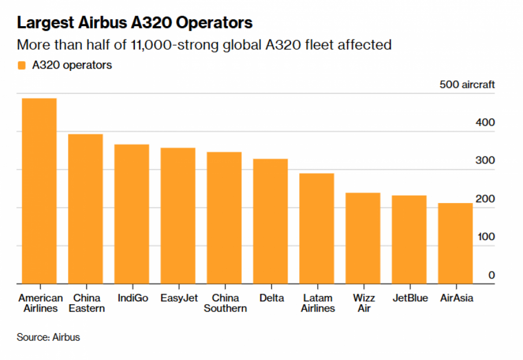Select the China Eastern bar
pos(85,209)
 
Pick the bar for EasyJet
pos(178,216)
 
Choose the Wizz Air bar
pos(363,238)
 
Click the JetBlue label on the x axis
pos(410,298)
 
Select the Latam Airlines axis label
pos(317,303)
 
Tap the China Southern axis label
pos(225,303)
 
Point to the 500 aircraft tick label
pos(467,85)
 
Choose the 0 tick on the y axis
pos(491,275)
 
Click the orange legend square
pos(22,65)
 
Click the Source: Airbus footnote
pos(48,337)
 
